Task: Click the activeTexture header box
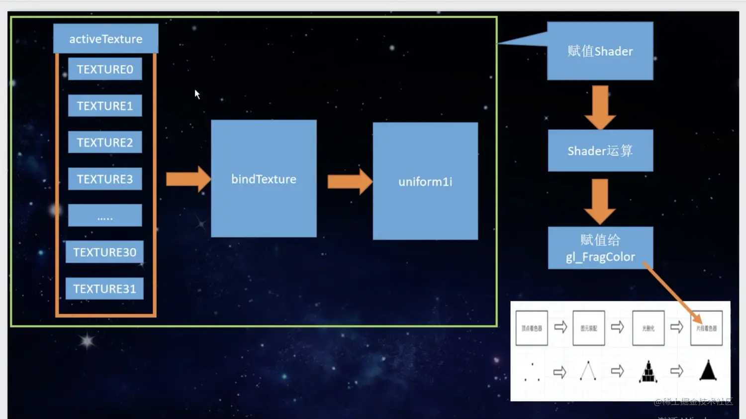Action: (x=105, y=39)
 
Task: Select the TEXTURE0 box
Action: (x=105, y=69)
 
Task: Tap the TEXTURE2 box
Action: (x=105, y=142)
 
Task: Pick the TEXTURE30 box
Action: (x=104, y=252)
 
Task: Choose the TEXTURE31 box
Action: (x=104, y=289)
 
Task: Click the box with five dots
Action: (x=105, y=215)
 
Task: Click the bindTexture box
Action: (x=264, y=179)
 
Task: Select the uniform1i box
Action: (x=425, y=181)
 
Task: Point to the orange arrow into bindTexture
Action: (x=188, y=179)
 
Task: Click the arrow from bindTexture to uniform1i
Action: (x=350, y=181)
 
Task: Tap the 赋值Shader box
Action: (x=600, y=51)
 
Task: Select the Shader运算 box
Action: (x=600, y=150)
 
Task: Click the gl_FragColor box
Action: (x=600, y=248)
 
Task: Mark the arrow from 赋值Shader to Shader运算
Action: (x=600, y=107)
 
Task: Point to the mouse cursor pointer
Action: (x=197, y=94)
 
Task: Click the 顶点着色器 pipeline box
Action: (x=532, y=328)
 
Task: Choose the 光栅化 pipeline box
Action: (x=648, y=328)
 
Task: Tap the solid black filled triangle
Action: (x=708, y=371)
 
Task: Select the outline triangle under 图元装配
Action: (x=588, y=371)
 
